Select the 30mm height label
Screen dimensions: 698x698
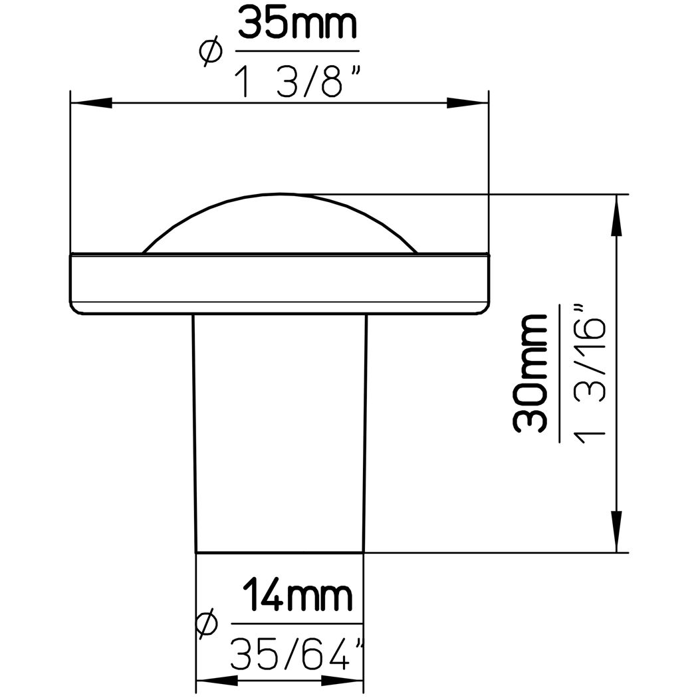tap(530, 373)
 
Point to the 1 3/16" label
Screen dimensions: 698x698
tap(590, 371)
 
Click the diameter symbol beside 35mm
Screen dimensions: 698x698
tap(209, 51)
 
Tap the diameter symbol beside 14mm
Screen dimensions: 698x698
tap(207, 624)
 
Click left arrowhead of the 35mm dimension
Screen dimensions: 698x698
tap(91, 103)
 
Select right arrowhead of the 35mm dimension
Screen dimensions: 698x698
tap(467, 103)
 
